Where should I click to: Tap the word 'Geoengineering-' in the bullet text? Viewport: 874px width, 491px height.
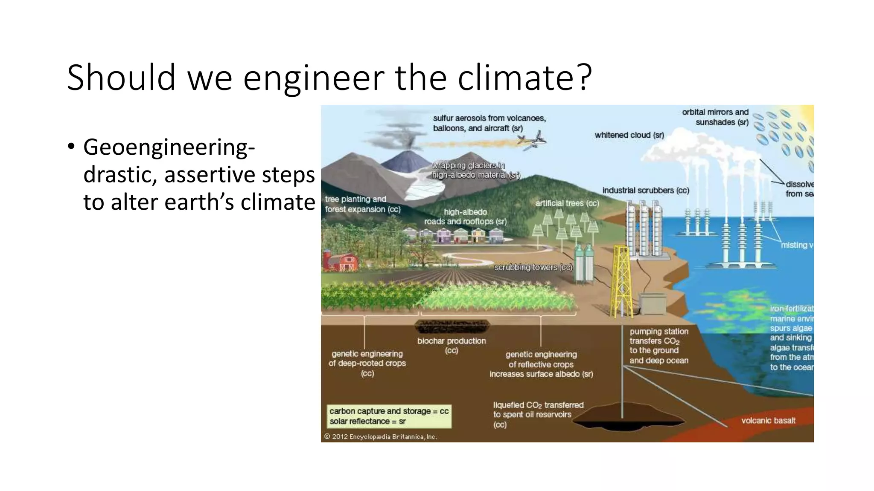[x=169, y=147]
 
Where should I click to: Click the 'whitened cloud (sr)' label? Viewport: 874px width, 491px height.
[x=629, y=135]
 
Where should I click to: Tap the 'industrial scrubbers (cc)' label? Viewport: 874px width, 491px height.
[x=645, y=191]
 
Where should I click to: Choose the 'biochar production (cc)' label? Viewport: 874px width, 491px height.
[x=451, y=345]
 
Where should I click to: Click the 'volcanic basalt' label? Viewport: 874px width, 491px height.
[x=768, y=420]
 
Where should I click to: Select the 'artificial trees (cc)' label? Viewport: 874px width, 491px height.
[x=567, y=203]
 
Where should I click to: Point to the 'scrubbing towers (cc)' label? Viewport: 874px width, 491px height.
[x=533, y=267]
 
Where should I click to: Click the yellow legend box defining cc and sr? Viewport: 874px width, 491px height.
[x=388, y=416]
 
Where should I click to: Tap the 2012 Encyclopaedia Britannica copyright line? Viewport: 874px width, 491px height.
[x=380, y=436]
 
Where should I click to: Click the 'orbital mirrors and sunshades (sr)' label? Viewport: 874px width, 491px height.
[x=716, y=117]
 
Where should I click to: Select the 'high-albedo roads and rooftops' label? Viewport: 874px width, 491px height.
[x=465, y=217]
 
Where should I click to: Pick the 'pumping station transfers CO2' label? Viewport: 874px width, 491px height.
[x=658, y=346]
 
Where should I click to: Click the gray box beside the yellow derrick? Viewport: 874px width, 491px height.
[x=651, y=303]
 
